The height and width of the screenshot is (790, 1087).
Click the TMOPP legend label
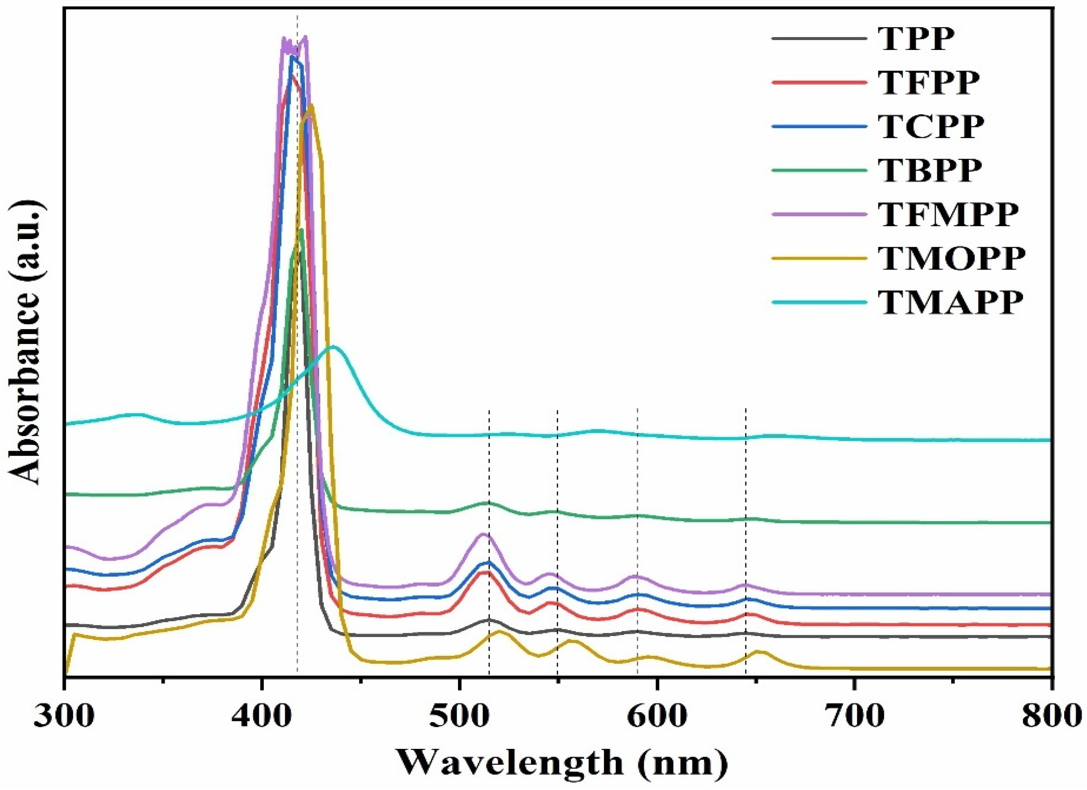(x=952, y=259)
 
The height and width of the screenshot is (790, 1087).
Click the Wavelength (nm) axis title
(x=563, y=763)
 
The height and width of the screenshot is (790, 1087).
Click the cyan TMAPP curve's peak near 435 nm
(x=334, y=346)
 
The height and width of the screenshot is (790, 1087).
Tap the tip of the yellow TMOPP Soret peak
(x=311, y=104)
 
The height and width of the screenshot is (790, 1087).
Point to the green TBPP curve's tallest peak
(x=301, y=230)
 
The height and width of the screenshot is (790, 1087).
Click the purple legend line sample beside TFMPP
(x=820, y=214)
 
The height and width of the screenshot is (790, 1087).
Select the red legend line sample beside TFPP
(x=820, y=82)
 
